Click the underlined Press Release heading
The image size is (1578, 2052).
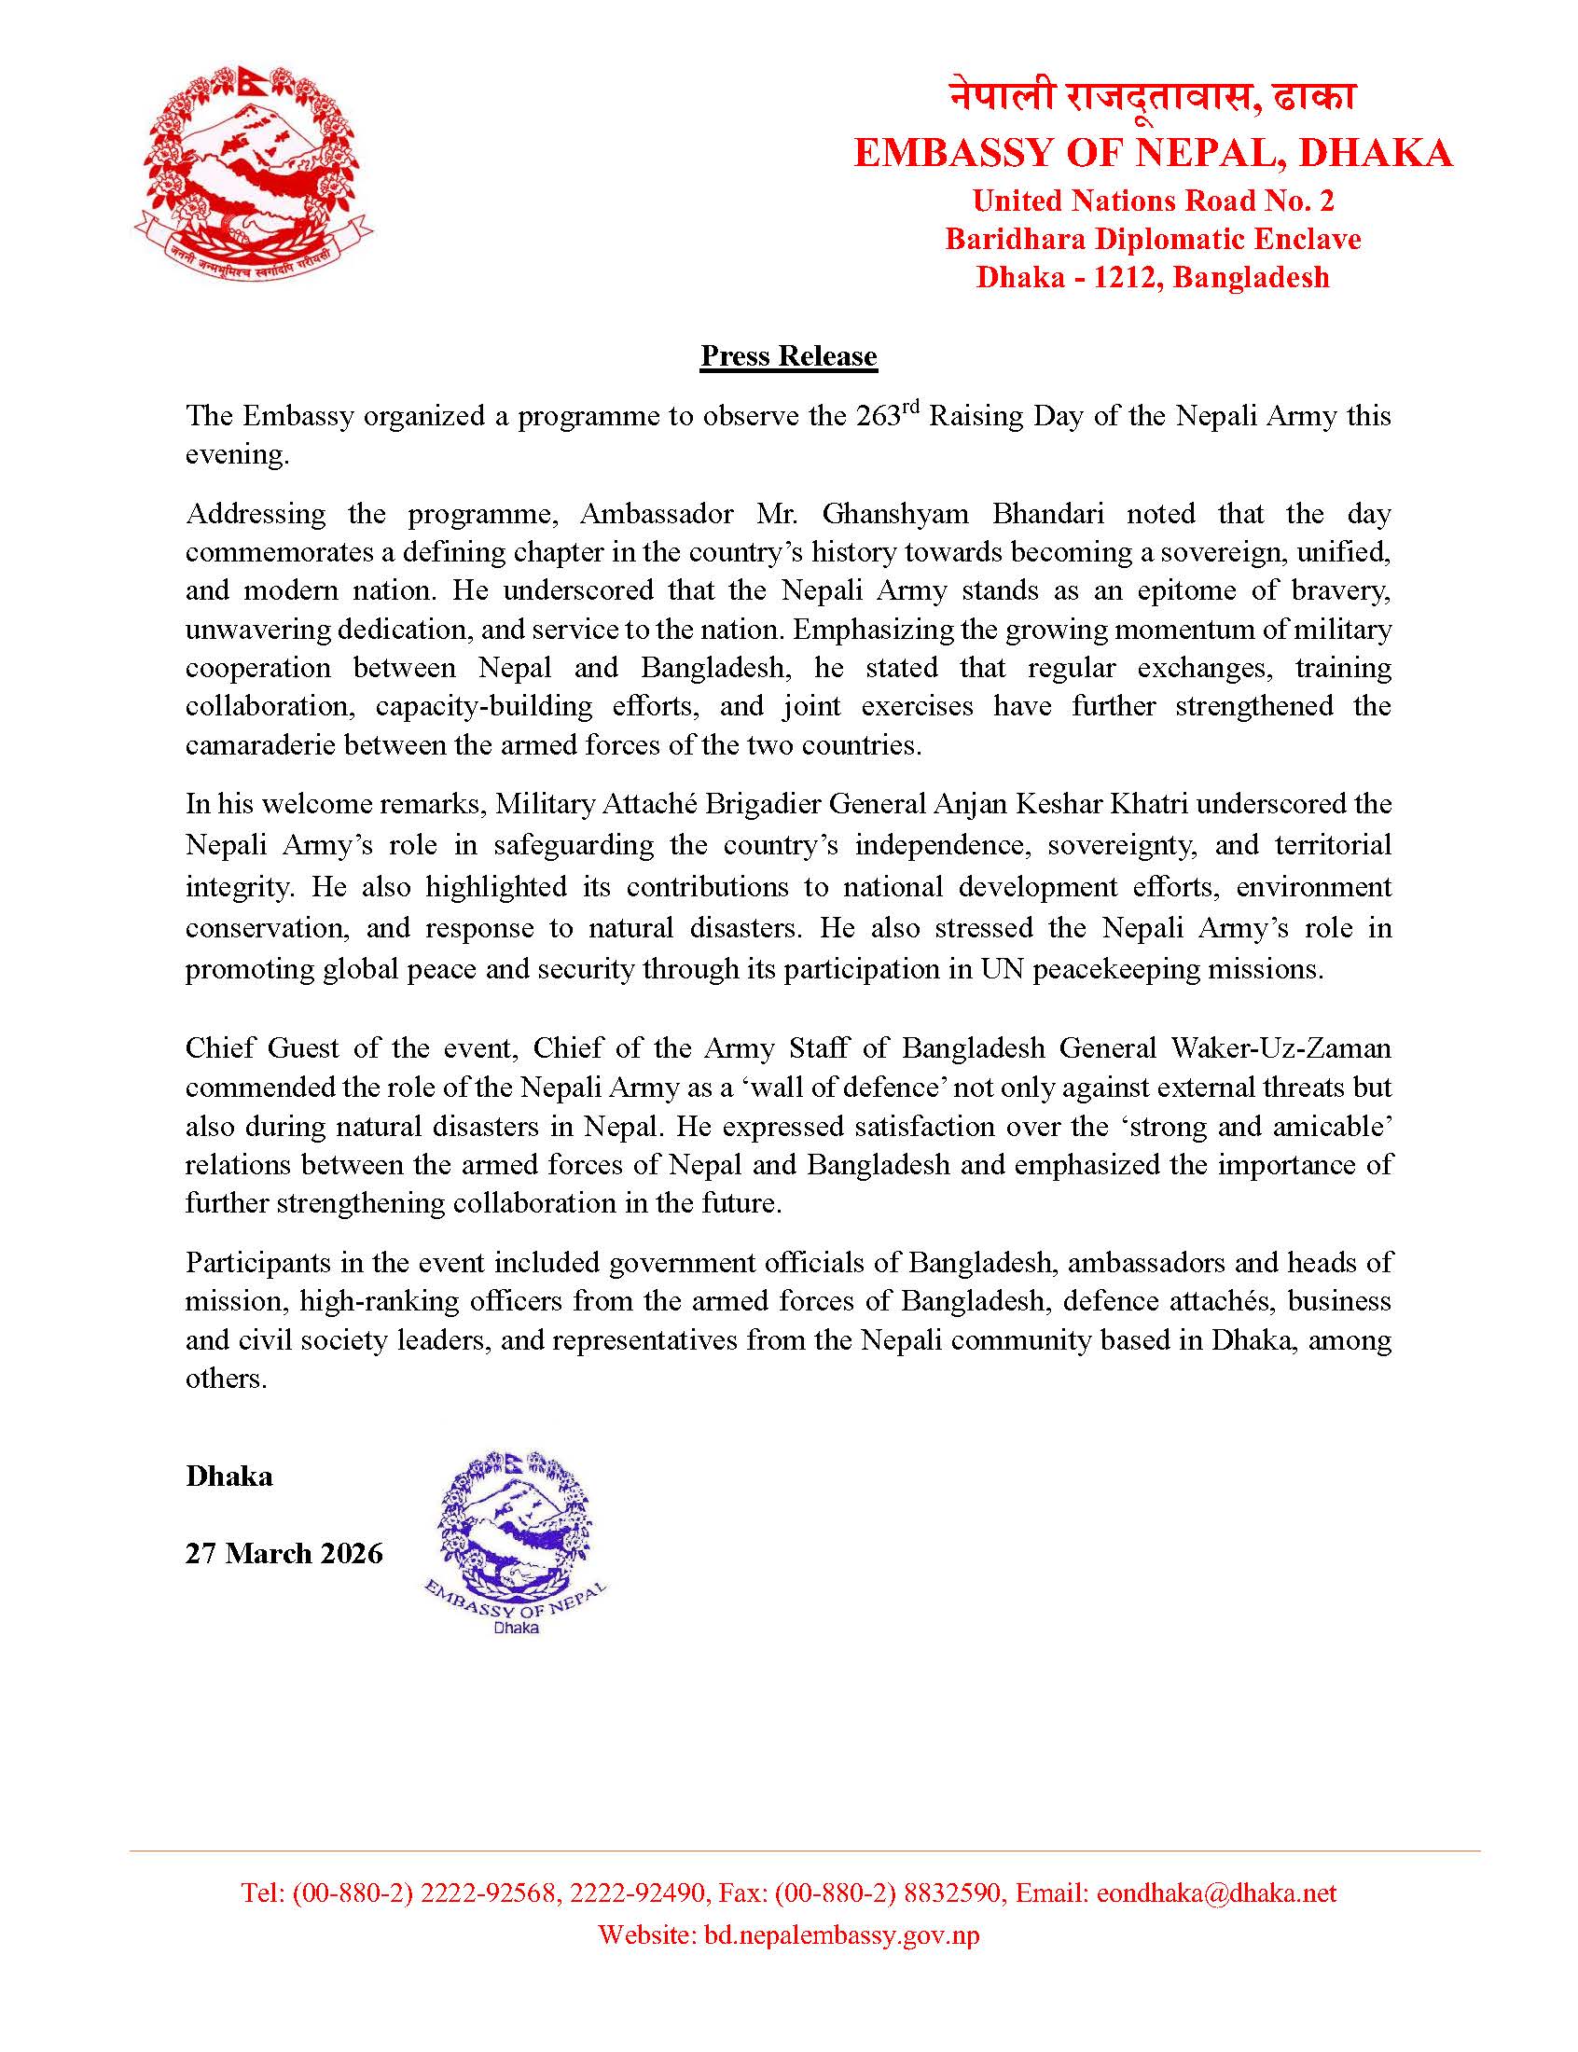pyautogui.click(x=788, y=356)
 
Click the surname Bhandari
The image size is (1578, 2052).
pyautogui.click(x=1047, y=514)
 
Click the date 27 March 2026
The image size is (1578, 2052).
pyautogui.click(x=284, y=1553)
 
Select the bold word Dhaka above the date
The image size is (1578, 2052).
pyautogui.click(x=229, y=1477)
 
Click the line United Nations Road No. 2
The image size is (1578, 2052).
pyautogui.click(x=1153, y=200)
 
